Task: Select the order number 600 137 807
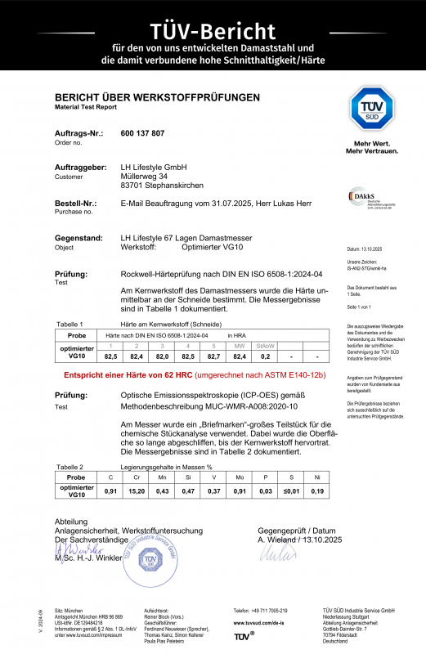(x=142, y=132)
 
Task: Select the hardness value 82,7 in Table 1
(x=214, y=357)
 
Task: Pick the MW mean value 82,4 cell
(x=240, y=357)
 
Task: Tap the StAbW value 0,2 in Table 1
(x=265, y=357)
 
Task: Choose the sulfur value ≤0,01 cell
(x=293, y=490)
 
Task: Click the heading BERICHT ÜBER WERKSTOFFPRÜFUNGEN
(x=158, y=97)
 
